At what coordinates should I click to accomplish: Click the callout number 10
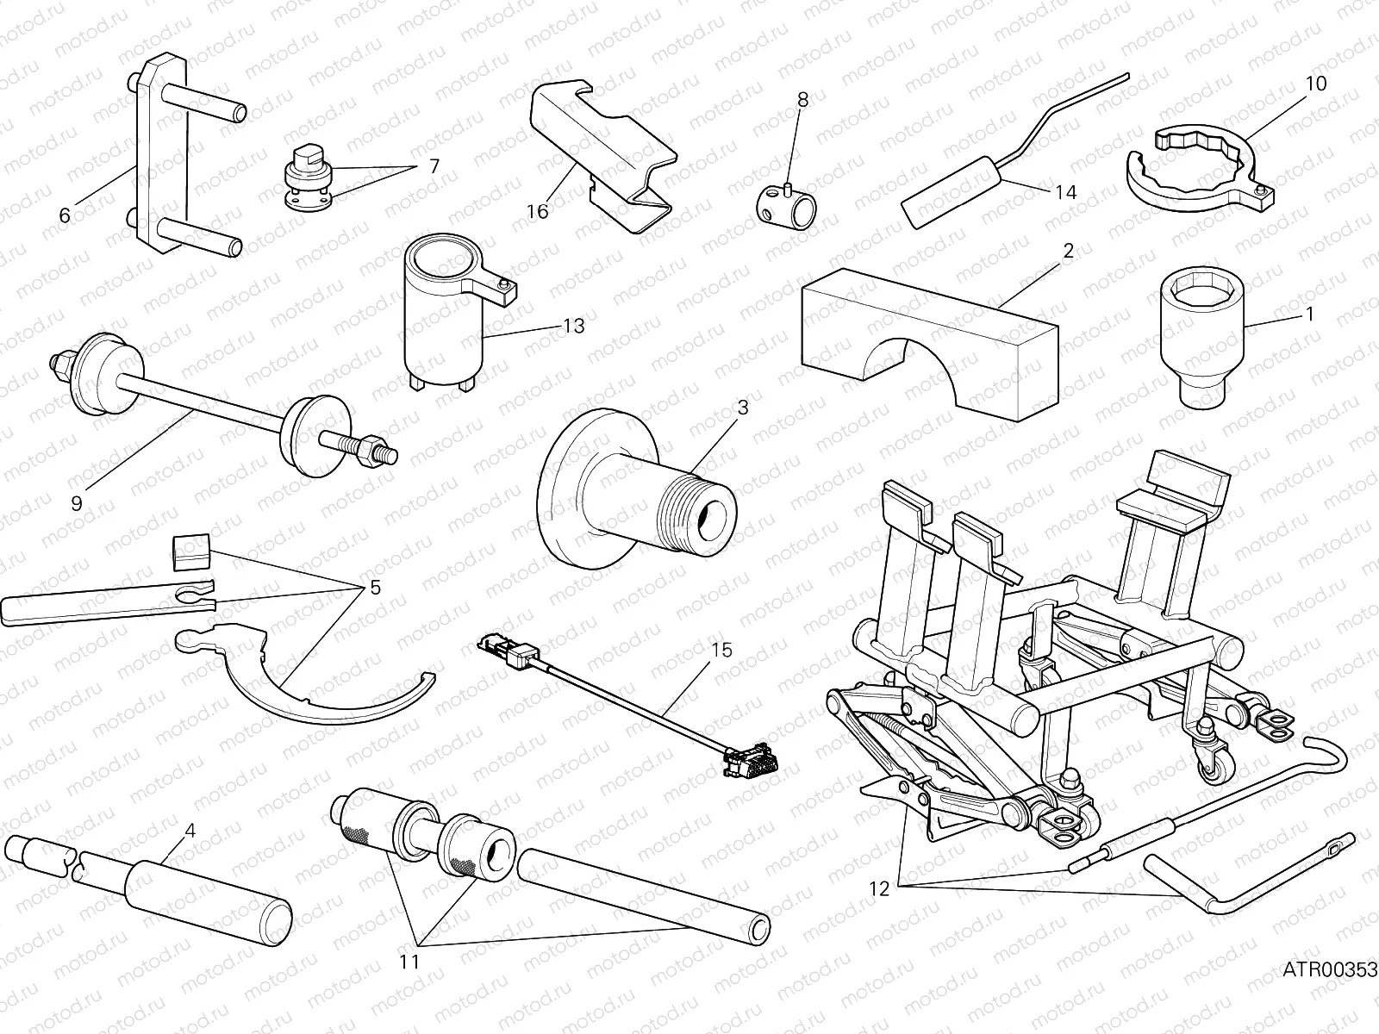[1315, 84]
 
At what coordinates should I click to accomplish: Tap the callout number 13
[573, 326]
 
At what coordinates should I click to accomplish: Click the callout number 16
[537, 211]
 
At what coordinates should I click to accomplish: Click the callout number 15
[721, 650]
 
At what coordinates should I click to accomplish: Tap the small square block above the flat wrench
[192, 551]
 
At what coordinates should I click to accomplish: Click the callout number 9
[77, 503]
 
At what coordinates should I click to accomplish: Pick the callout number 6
[65, 215]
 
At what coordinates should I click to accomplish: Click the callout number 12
[878, 889]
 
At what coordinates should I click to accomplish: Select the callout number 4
[190, 832]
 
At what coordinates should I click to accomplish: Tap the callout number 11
[410, 961]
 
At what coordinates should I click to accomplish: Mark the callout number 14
[1066, 191]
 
